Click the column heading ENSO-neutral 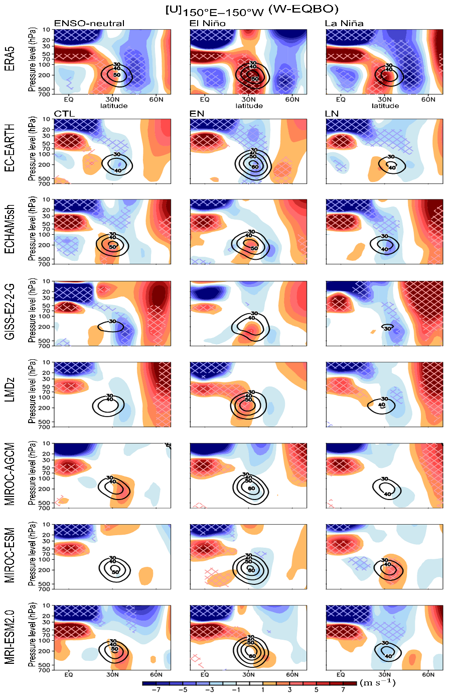89,24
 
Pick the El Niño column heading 207,24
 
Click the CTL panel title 64,114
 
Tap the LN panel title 332,114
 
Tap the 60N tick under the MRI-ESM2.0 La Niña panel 428,676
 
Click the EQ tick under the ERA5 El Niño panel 205,99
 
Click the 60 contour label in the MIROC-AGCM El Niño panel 252,488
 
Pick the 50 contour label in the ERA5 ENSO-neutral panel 117,75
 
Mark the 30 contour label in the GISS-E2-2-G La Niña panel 387,328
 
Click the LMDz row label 10,394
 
